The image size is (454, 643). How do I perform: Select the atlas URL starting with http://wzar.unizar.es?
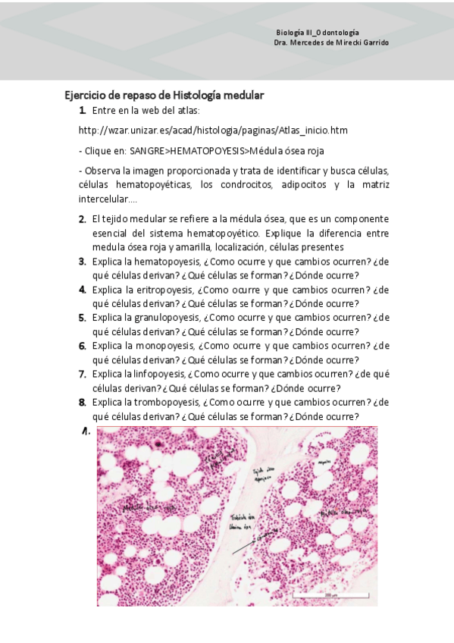click(213, 130)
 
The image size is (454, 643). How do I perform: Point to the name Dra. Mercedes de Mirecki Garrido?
click(331, 42)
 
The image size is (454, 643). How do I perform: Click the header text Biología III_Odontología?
click(318, 33)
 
